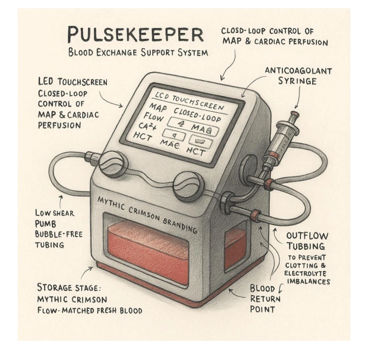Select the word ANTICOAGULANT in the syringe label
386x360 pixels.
click(x=298, y=71)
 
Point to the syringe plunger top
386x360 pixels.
click(x=295, y=113)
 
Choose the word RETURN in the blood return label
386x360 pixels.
click(x=265, y=299)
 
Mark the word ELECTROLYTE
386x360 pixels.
click(x=307, y=273)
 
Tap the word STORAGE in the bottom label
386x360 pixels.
click(x=58, y=288)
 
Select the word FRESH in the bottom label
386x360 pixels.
click(x=104, y=311)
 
